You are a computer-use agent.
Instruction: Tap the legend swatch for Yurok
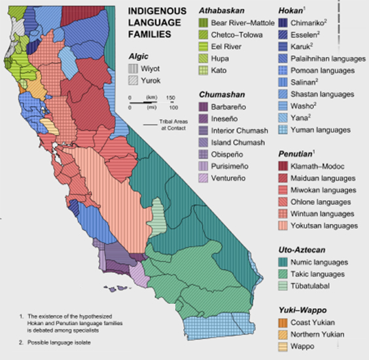tap(134, 80)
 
